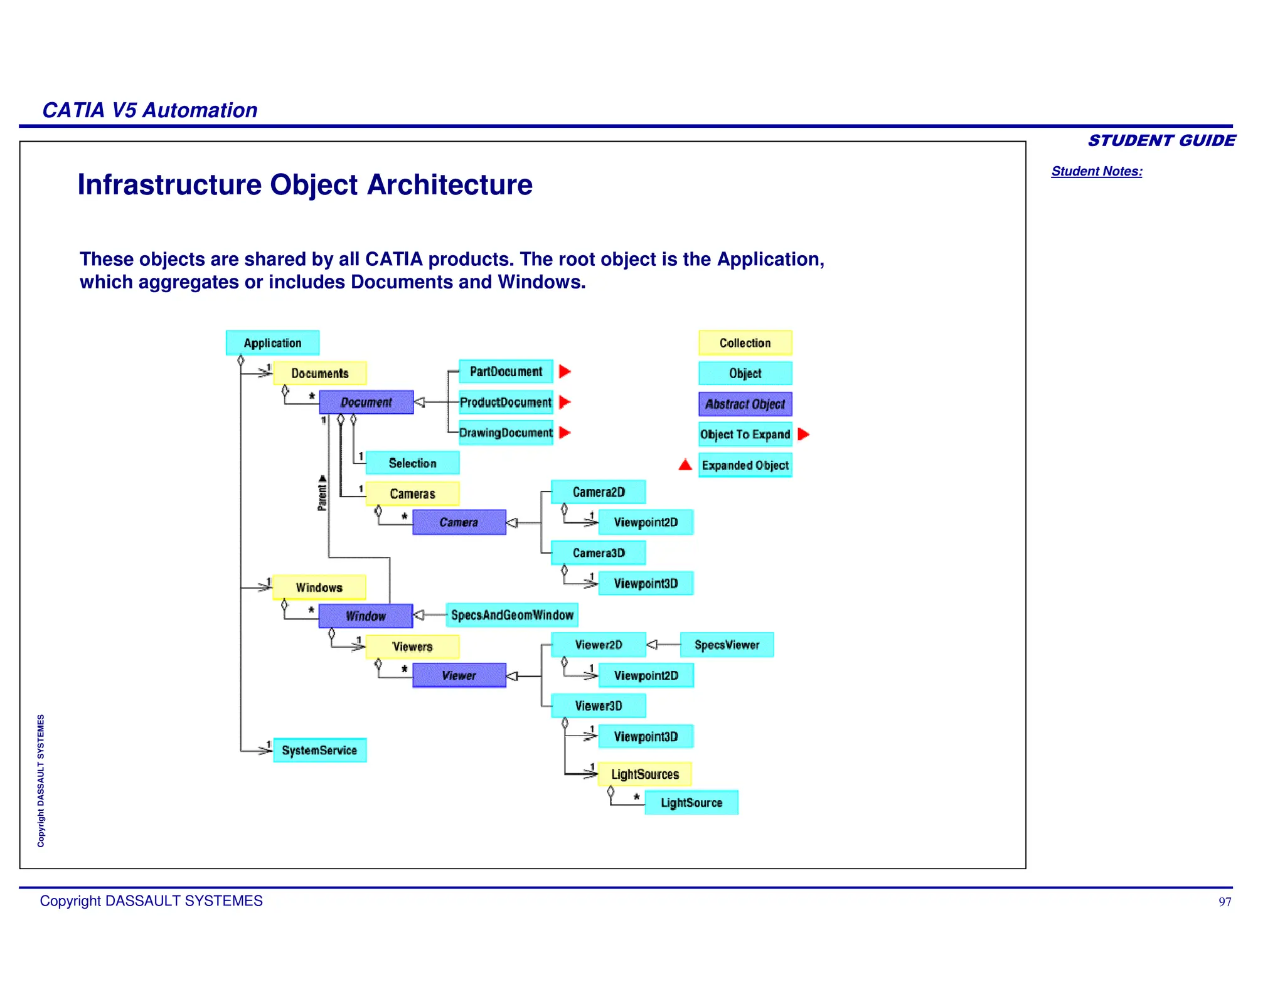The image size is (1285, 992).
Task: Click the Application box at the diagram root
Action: (272, 343)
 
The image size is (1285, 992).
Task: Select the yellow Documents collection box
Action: (319, 373)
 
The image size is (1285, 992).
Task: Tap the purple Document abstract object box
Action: (366, 402)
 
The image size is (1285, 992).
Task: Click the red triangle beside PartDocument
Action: (565, 371)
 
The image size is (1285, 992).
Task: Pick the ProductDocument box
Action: (506, 402)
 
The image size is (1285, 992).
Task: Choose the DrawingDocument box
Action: (506, 433)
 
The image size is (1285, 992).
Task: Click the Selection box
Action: (412, 463)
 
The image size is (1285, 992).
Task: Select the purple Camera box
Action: (459, 522)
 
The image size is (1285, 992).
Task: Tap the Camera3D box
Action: (598, 553)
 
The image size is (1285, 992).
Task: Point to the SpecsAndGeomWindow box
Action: (512, 615)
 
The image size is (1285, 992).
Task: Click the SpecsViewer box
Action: (727, 645)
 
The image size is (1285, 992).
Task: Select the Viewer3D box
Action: (598, 706)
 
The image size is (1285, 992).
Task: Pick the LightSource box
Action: (691, 803)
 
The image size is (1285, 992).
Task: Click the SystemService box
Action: (319, 750)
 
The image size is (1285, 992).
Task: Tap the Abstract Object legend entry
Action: (745, 404)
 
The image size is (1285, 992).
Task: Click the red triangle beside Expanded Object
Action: (685, 465)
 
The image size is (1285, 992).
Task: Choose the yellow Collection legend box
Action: (745, 343)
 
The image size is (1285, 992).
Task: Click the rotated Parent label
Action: (323, 493)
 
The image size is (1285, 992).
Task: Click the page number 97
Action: (1224, 902)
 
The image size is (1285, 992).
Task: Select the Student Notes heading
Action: (1096, 171)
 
